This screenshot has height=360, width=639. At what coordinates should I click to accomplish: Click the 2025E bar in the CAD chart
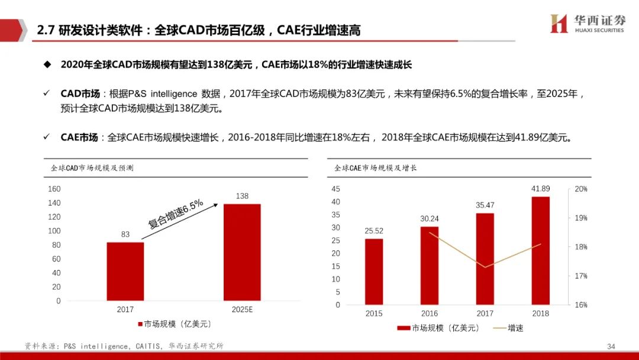click(x=241, y=252)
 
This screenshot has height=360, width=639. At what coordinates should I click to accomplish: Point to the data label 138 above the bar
click(x=241, y=196)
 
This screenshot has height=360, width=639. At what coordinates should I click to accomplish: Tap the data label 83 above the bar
click(x=125, y=234)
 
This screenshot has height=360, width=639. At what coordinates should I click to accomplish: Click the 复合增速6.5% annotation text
click(x=176, y=214)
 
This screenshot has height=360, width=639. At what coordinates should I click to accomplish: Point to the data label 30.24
click(x=430, y=218)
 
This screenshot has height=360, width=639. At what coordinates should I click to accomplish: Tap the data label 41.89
click(x=541, y=189)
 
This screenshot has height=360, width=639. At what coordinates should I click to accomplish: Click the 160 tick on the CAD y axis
click(x=54, y=189)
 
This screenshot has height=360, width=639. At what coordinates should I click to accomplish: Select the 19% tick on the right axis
click(x=580, y=218)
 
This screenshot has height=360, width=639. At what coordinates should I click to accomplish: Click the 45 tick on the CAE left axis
click(x=336, y=189)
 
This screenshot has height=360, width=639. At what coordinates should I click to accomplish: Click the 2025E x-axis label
click(x=241, y=310)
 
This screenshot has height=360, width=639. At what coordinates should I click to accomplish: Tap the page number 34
click(x=611, y=346)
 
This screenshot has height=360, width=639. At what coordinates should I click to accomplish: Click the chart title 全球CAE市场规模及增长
click(x=375, y=168)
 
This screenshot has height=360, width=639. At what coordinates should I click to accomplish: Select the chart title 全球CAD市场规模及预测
click(x=92, y=168)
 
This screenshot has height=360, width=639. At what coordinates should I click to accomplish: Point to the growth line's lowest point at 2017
click(x=485, y=267)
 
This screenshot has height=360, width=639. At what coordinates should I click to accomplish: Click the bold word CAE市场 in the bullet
click(x=79, y=137)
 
